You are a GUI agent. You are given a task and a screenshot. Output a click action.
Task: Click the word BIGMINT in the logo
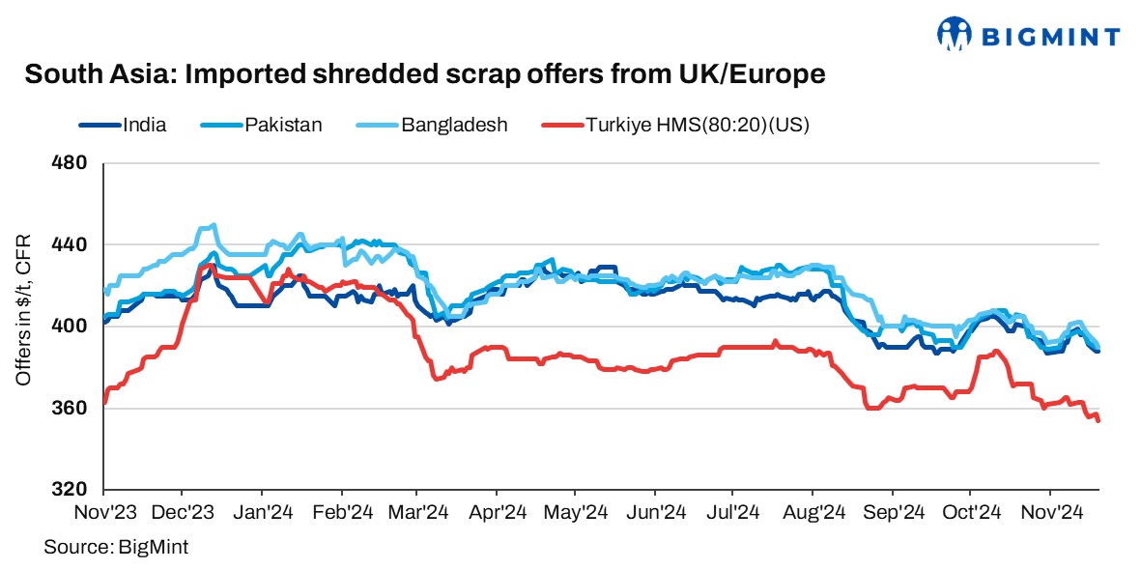1051,37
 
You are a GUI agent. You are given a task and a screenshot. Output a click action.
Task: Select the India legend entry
145,125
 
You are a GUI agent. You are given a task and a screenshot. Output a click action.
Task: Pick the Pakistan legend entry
283,125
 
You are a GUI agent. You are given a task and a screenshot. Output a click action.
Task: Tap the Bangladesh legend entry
454,125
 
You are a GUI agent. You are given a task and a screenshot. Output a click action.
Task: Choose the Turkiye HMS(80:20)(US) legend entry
697,125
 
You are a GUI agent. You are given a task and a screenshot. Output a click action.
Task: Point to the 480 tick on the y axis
74,163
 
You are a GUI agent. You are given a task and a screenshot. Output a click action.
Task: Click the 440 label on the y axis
74,245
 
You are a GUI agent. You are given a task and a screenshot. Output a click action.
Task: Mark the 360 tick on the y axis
74,408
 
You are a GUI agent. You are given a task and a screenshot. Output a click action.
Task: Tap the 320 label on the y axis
74,489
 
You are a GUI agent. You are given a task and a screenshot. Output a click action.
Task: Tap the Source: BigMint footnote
116,547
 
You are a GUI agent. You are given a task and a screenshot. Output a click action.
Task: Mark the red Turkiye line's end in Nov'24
1098,420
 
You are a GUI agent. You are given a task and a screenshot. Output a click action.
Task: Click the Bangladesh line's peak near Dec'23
213,225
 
